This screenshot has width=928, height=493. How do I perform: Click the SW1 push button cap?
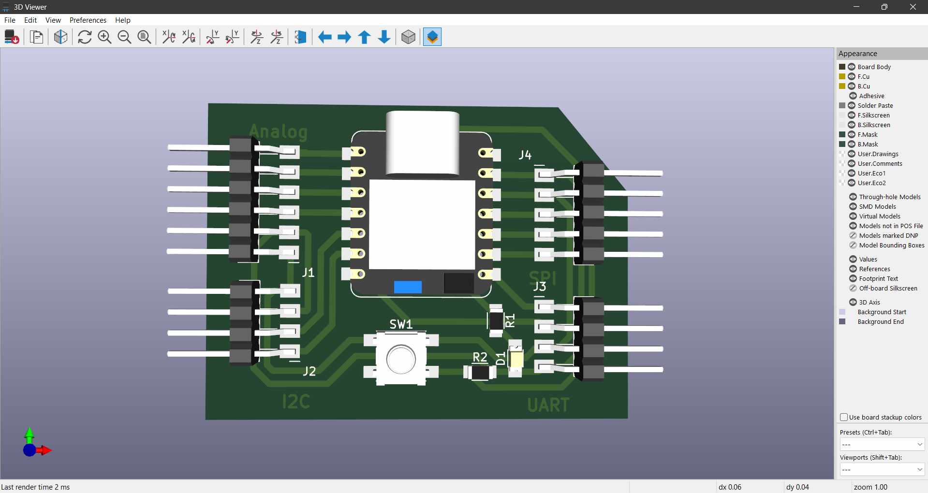(x=401, y=359)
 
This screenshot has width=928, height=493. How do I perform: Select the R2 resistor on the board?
(x=479, y=373)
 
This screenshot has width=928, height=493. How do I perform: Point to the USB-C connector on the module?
(x=422, y=143)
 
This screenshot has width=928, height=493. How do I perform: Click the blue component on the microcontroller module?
(x=408, y=287)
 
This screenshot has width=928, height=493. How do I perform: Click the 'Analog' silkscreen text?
(x=278, y=131)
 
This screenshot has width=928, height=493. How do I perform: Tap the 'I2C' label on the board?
(x=295, y=402)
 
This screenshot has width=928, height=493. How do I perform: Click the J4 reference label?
(x=525, y=155)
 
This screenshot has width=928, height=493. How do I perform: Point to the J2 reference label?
(x=309, y=371)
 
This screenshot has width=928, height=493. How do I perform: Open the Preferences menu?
(x=88, y=20)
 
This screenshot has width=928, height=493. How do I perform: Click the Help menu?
(x=123, y=20)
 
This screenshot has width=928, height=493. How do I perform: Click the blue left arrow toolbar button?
(x=324, y=37)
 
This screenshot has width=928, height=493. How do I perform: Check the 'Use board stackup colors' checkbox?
(x=844, y=417)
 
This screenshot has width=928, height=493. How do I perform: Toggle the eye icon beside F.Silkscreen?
(x=852, y=115)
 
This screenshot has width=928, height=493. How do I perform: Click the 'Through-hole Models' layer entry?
(x=889, y=197)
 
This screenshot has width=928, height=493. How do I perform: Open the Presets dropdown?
(x=882, y=444)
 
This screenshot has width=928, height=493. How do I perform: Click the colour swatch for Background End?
(x=842, y=321)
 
